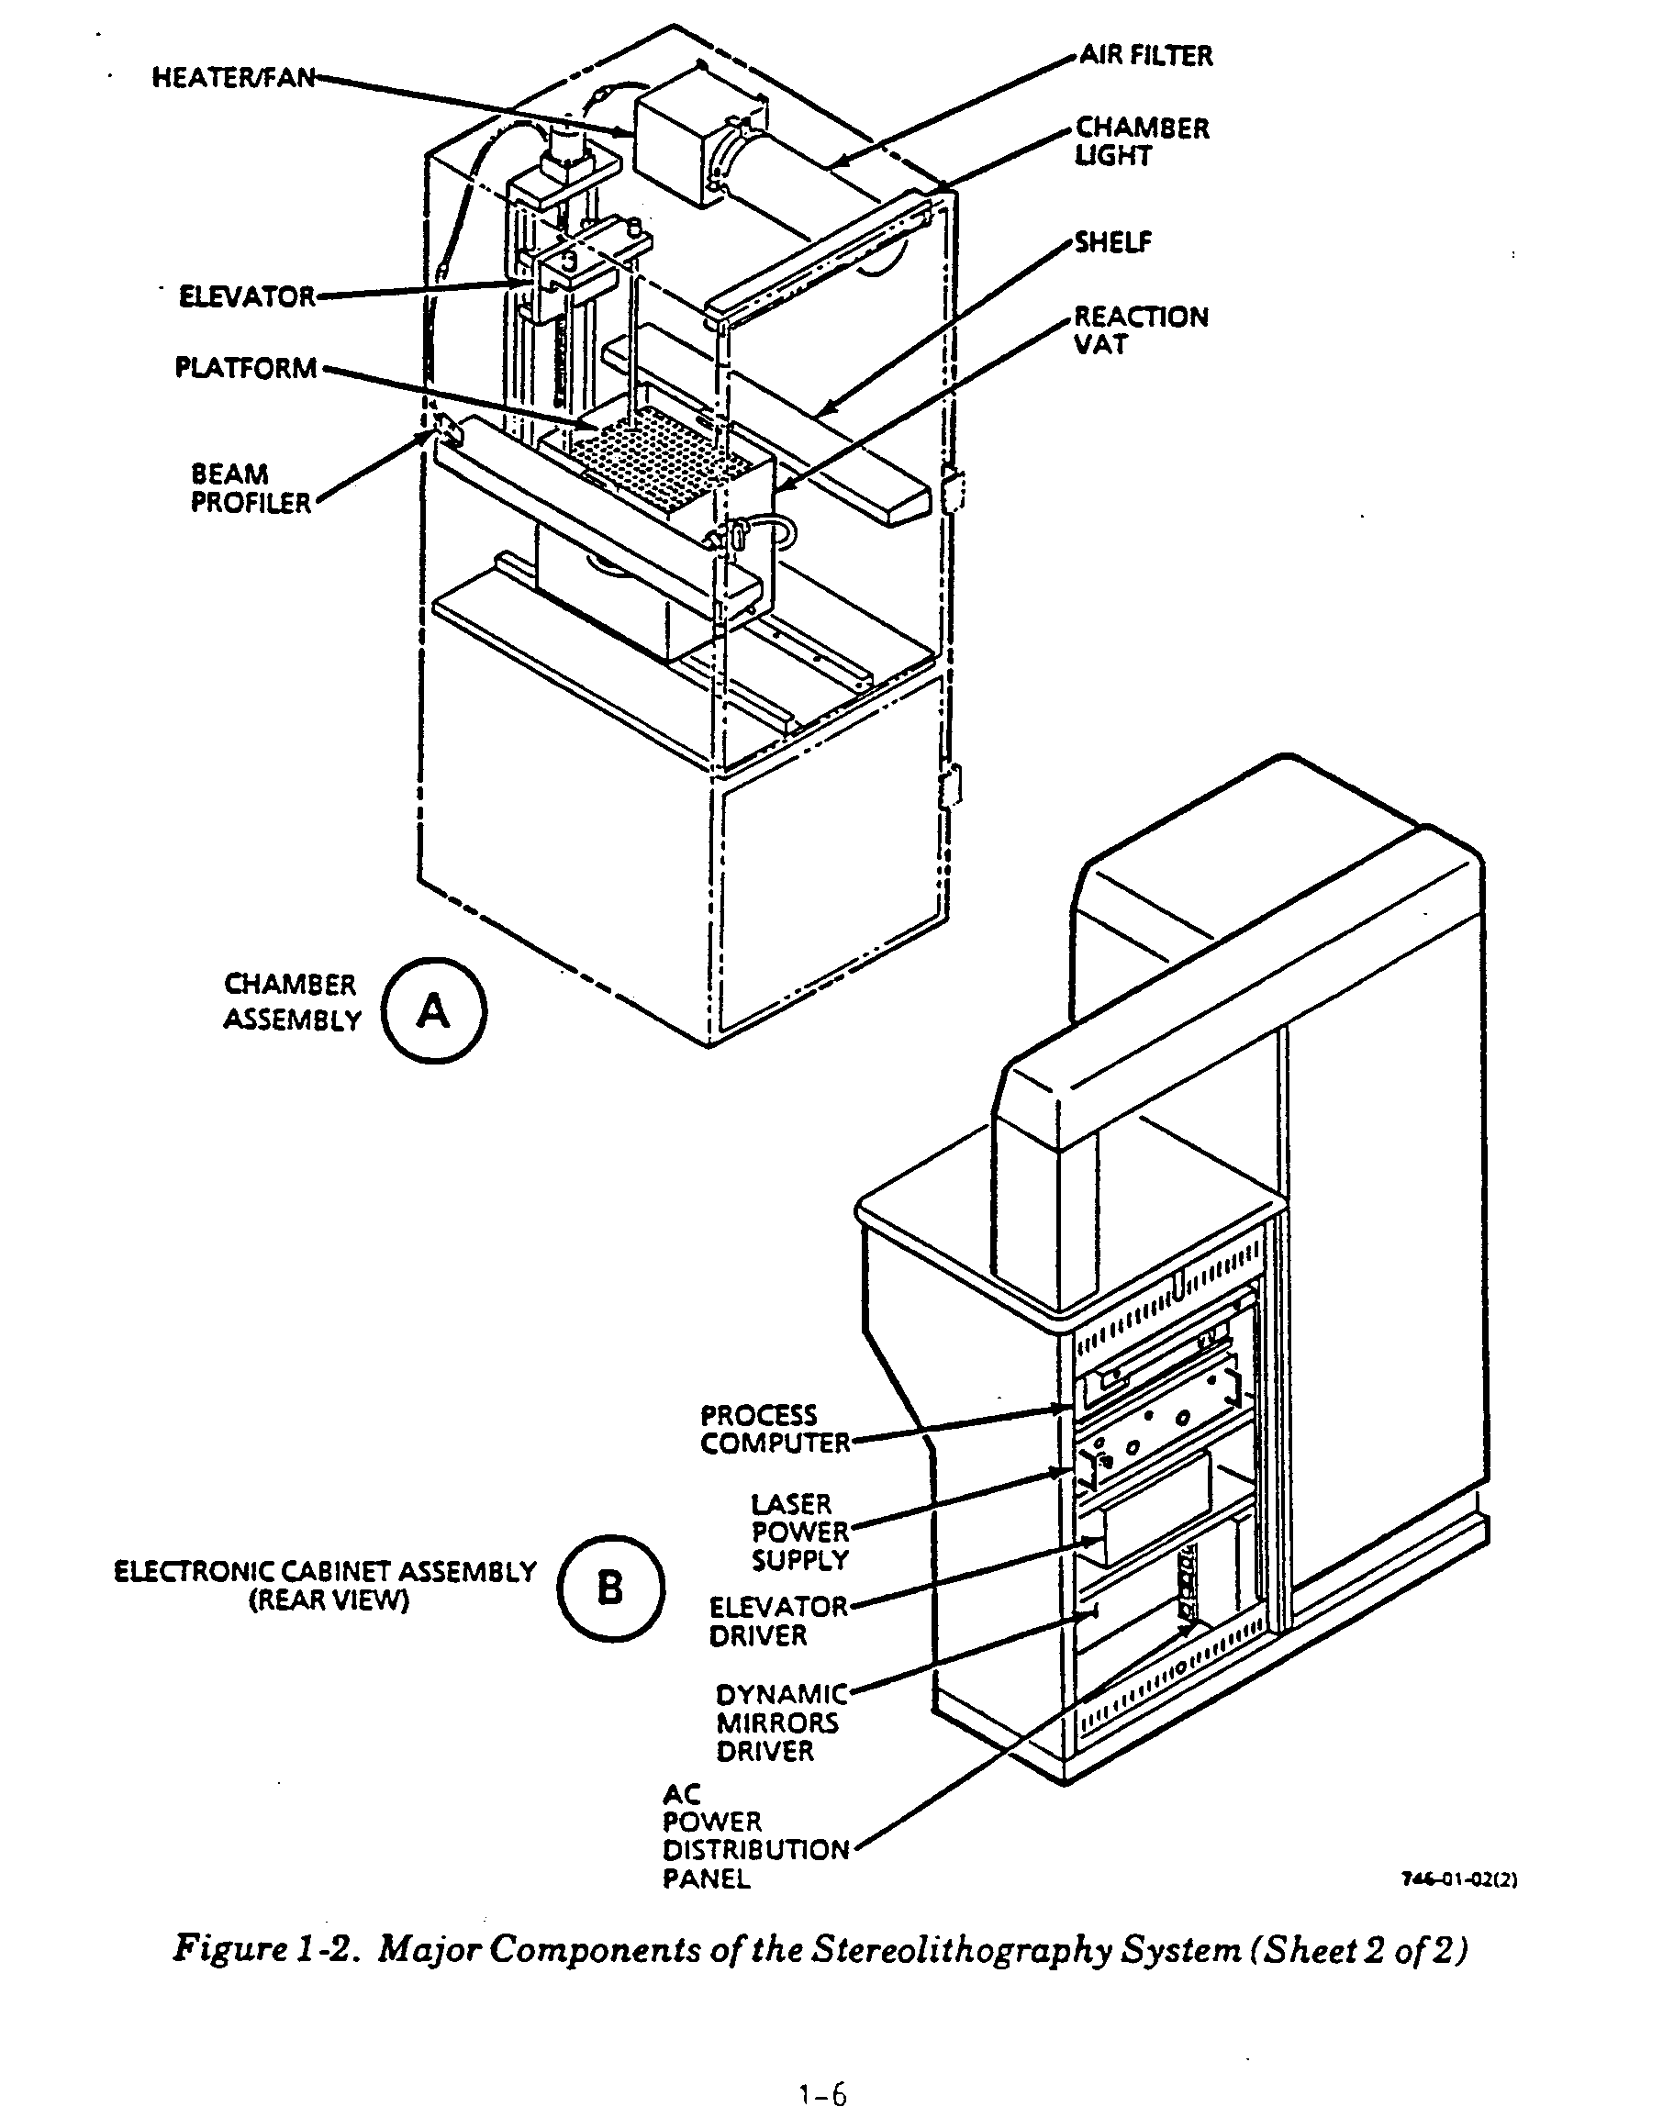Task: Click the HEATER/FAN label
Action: click(x=233, y=77)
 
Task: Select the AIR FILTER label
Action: click(x=1145, y=56)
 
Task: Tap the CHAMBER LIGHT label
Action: click(x=1142, y=142)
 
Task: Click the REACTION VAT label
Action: click(x=1141, y=330)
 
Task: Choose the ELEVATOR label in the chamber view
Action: click(x=247, y=296)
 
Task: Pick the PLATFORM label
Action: click(x=246, y=368)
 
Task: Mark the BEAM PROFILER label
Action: click(x=251, y=488)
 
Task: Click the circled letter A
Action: click(x=433, y=1010)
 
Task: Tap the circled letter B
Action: click(x=610, y=1588)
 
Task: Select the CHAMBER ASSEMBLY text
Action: click(x=291, y=1002)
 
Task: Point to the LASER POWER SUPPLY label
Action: click(x=799, y=1532)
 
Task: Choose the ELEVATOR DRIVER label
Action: click(x=778, y=1622)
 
